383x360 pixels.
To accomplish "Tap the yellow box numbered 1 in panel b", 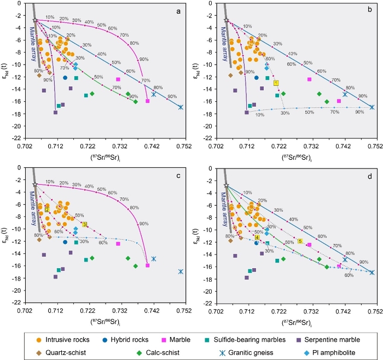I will coord(276,83).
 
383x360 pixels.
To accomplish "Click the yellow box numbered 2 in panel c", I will coord(48,210).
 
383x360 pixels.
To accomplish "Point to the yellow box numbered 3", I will coord(85,224).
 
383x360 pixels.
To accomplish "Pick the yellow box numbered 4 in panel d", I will coord(257,237).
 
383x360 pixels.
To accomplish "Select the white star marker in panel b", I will coord(227,20).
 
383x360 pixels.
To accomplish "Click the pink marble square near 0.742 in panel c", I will coord(148,265).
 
